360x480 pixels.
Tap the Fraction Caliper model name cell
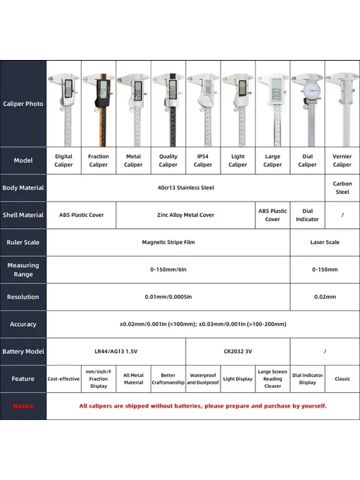(x=98, y=160)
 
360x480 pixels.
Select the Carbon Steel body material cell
(x=343, y=188)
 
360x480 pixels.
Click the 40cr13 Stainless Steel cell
(x=186, y=188)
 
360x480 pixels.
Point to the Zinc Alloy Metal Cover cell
(x=186, y=215)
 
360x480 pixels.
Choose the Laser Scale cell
(x=325, y=242)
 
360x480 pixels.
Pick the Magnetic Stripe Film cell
(x=168, y=242)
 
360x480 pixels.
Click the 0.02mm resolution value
(x=325, y=297)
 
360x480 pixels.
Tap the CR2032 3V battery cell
(x=238, y=352)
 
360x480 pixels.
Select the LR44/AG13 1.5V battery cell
(x=116, y=352)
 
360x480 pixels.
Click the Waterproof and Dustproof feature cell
(x=203, y=379)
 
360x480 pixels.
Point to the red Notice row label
(x=23, y=406)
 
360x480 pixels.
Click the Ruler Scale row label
(x=23, y=242)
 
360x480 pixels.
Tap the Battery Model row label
(x=23, y=352)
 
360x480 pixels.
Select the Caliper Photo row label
(x=23, y=104)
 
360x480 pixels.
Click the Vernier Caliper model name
(x=343, y=160)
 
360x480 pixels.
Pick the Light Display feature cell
(x=238, y=379)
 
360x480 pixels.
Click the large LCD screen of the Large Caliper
(x=276, y=90)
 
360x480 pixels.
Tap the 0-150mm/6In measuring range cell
(x=168, y=269)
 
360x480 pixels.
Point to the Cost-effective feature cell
(x=63, y=379)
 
